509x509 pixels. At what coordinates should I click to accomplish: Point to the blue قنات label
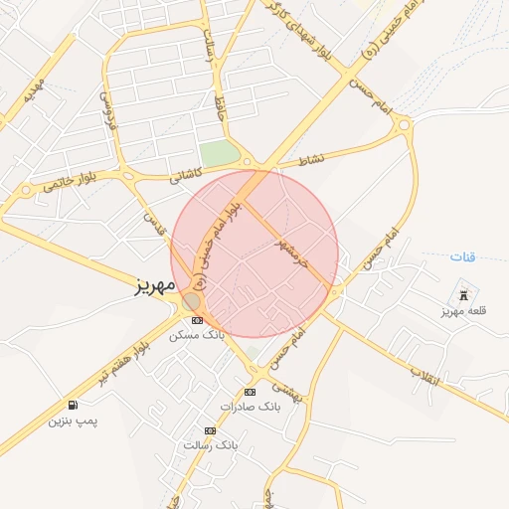point(462,257)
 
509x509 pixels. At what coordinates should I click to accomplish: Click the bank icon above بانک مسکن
point(197,320)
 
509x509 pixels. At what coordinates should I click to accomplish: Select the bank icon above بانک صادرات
point(250,392)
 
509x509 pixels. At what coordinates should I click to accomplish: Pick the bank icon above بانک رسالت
point(210,430)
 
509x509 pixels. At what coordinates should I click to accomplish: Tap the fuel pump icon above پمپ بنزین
point(74,405)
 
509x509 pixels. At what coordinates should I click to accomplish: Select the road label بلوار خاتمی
point(71,179)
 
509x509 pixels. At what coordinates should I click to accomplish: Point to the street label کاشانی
point(185,173)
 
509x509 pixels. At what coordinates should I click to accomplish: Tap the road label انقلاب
point(424,375)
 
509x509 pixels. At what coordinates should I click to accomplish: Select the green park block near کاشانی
point(220,155)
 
